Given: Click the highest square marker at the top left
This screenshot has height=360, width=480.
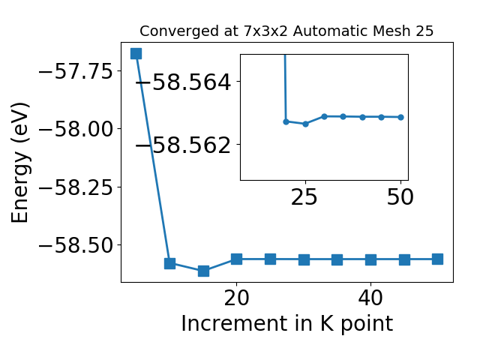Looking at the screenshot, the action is (x=136, y=53).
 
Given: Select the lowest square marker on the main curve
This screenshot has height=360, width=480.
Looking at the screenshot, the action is (x=203, y=271).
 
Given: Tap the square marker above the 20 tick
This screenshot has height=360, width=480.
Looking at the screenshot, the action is (x=237, y=259).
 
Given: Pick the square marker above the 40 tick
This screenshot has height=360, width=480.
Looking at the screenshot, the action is (x=370, y=260).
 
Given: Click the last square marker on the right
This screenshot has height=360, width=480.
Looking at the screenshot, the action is (x=437, y=259).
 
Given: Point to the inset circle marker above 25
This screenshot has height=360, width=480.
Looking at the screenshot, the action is (x=305, y=124).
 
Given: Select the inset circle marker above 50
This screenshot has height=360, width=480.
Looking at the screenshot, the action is (x=400, y=117).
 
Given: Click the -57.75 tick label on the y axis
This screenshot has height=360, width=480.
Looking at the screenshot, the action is (x=76, y=71).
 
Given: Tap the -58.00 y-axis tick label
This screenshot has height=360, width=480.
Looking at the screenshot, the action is (x=76, y=129).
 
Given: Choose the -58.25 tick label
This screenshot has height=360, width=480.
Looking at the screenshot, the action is (x=76, y=187).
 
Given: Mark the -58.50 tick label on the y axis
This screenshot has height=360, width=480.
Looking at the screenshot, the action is (x=76, y=245).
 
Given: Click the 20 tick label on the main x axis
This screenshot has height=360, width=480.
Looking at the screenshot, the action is (x=236, y=298).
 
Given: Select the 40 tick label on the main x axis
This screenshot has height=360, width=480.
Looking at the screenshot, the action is (x=370, y=298).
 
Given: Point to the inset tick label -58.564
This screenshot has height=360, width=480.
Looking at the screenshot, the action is (x=183, y=82).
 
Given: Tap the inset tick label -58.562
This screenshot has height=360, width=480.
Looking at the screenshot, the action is (x=183, y=145).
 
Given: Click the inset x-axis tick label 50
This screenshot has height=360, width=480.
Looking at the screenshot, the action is (x=400, y=196).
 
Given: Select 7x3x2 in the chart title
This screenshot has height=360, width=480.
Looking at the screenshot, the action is (x=265, y=31).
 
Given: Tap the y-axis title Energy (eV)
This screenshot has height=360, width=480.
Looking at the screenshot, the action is (x=20, y=163).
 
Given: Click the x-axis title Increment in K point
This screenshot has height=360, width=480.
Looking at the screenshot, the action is (x=287, y=323).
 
